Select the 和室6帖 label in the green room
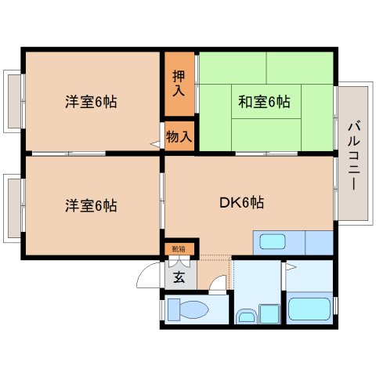[264, 102]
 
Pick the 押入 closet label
[179, 81]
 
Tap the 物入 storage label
[179, 136]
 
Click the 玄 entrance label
[178, 275]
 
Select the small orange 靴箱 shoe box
[179, 249]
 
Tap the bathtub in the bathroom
[309, 309]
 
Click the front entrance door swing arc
[149, 274]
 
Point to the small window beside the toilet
[162, 309]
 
